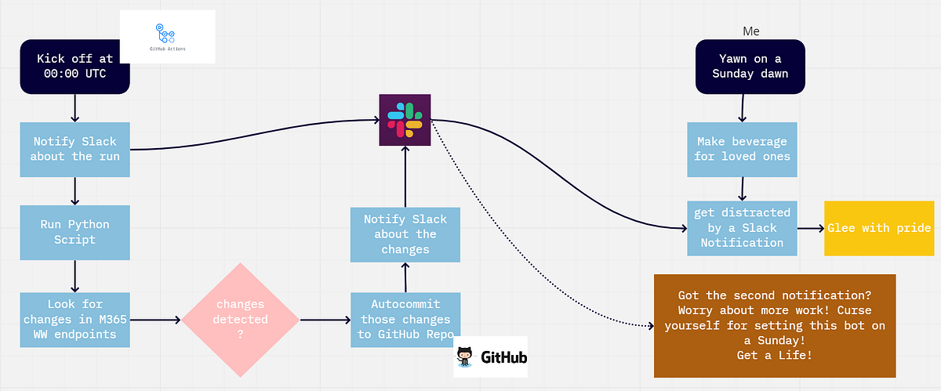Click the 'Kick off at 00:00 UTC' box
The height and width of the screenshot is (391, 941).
click(75, 67)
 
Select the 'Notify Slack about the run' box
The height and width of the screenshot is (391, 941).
click(75, 149)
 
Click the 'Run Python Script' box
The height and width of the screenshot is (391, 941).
click(75, 233)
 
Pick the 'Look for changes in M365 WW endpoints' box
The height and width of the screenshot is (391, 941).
click(75, 320)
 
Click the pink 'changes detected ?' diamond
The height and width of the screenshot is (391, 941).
click(241, 320)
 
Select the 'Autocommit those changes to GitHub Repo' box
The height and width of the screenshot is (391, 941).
click(405, 320)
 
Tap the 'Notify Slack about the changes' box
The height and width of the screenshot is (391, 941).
click(405, 234)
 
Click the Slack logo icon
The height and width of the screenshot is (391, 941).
click(405, 120)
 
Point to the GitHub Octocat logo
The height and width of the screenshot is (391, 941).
click(466, 357)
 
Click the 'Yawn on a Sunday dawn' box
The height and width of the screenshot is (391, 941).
click(739, 67)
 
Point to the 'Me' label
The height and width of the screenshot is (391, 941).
click(751, 31)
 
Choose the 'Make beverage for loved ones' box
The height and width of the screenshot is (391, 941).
click(743, 149)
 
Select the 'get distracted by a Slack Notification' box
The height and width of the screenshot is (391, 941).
click(743, 228)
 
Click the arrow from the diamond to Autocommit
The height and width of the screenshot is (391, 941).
click(325, 320)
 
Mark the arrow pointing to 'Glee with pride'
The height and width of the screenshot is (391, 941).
click(811, 228)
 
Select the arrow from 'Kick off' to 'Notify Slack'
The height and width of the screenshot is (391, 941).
click(75, 107)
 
